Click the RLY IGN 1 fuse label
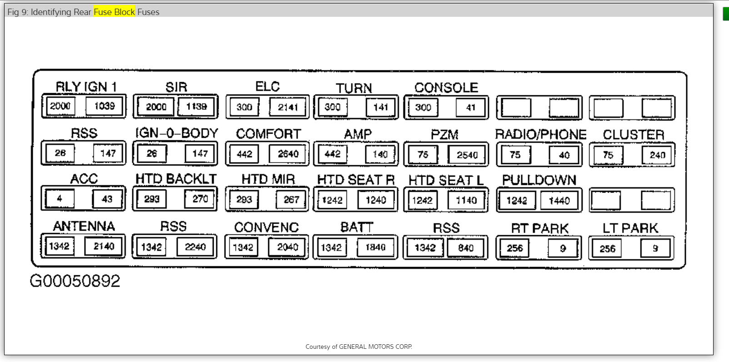[x=86, y=86]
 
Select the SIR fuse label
[x=176, y=87]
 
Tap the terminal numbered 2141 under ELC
[x=288, y=107]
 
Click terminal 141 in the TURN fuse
[x=380, y=107]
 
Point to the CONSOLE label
[x=446, y=88]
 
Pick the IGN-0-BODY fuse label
[x=177, y=133]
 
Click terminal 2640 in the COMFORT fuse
[x=288, y=154]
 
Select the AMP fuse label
[x=358, y=134]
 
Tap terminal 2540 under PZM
[x=467, y=155]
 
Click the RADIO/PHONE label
[x=540, y=134]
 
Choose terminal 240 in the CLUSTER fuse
[x=657, y=155]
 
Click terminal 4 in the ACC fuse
[x=60, y=198]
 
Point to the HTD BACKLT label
[x=176, y=179]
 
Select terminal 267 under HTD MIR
[x=291, y=199]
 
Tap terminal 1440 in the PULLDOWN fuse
[x=559, y=201]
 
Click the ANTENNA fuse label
[x=84, y=226]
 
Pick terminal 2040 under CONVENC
[x=287, y=247]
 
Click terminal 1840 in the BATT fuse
[x=375, y=247]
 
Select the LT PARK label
[x=630, y=228]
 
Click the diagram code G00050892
[x=75, y=281]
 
